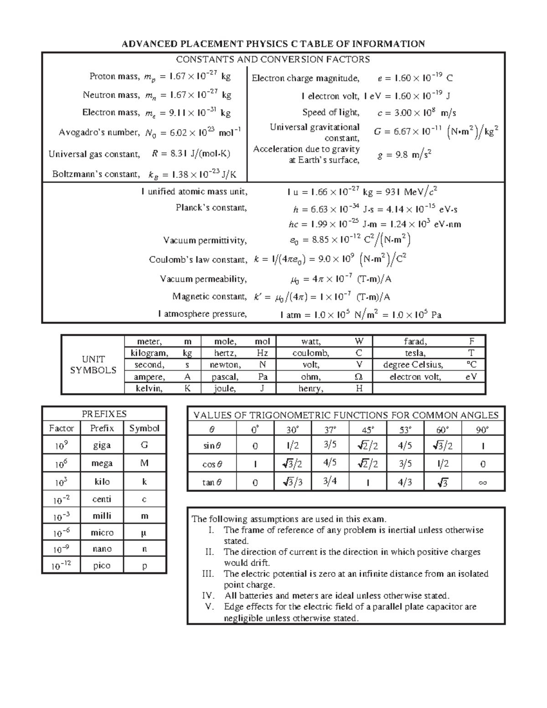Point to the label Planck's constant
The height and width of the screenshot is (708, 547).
tap(211, 208)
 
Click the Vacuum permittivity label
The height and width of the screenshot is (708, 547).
tap(205, 240)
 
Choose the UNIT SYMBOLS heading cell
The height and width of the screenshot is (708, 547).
tap(93, 365)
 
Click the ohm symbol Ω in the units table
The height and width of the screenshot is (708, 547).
tap(359, 377)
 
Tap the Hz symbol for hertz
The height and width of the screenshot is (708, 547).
tap(262, 353)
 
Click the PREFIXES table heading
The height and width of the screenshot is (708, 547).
tap(104, 414)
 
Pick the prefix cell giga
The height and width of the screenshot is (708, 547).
tap(102, 445)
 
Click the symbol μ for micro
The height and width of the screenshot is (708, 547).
tap(144, 532)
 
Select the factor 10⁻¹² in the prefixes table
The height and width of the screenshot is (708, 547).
tap(61, 566)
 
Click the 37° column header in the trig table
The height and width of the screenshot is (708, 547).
tap(330, 429)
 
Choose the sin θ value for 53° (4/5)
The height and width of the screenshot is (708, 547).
tap(405, 446)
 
